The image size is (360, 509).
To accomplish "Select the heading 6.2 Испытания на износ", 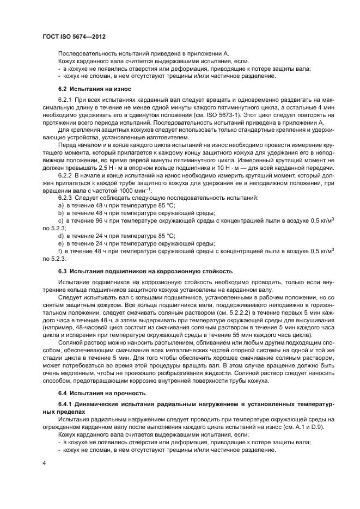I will pos(94,88).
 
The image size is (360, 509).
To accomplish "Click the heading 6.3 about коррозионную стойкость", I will pos(145,271).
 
